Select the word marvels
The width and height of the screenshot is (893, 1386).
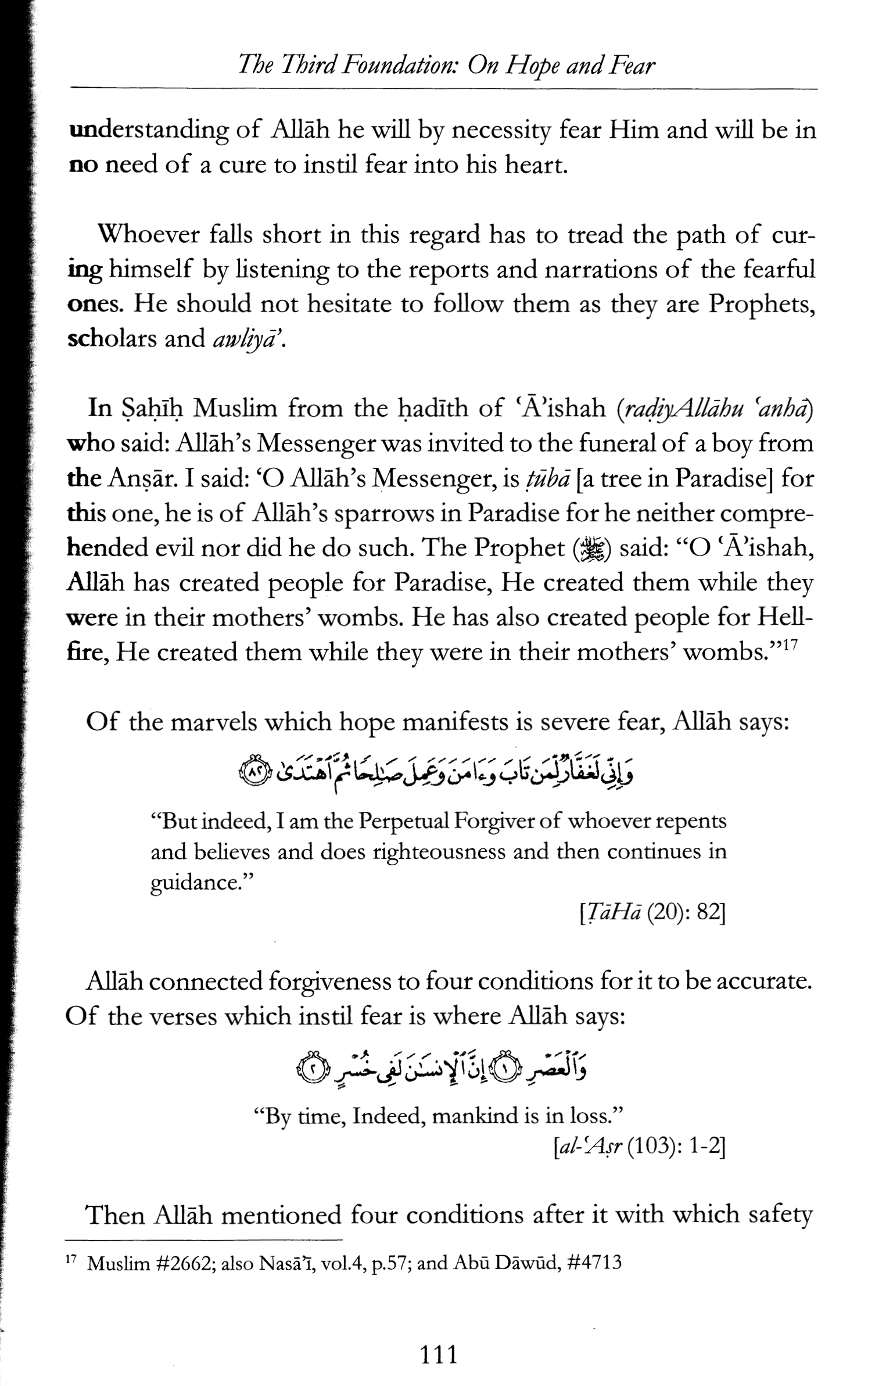(217, 723)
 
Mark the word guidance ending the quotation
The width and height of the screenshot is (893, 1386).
(196, 883)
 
